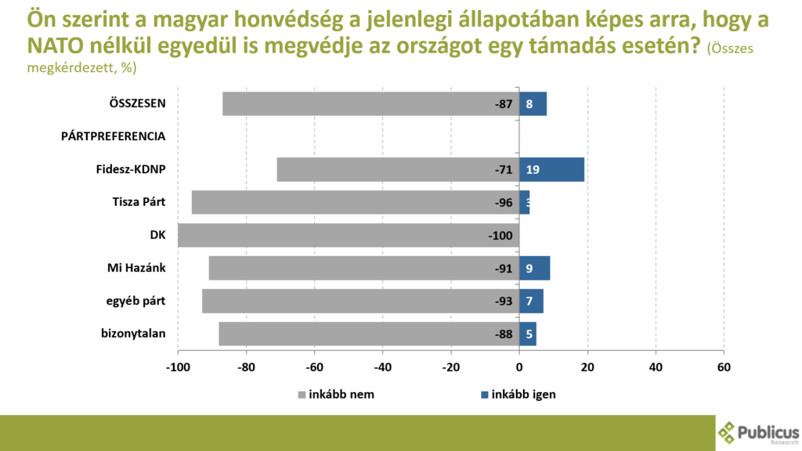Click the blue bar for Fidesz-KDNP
[x=552, y=169]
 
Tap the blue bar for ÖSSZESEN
[x=533, y=103]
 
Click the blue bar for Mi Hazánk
[x=535, y=268]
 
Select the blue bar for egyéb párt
[x=532, y=301]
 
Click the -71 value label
[x=503, y=169]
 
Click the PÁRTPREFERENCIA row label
[x=114, y=136]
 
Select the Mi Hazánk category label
[x=136, y=268]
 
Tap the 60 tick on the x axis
[x=724, y=367]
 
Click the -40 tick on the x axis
[x=382, y=367]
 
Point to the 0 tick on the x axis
[x=519, y=367]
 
